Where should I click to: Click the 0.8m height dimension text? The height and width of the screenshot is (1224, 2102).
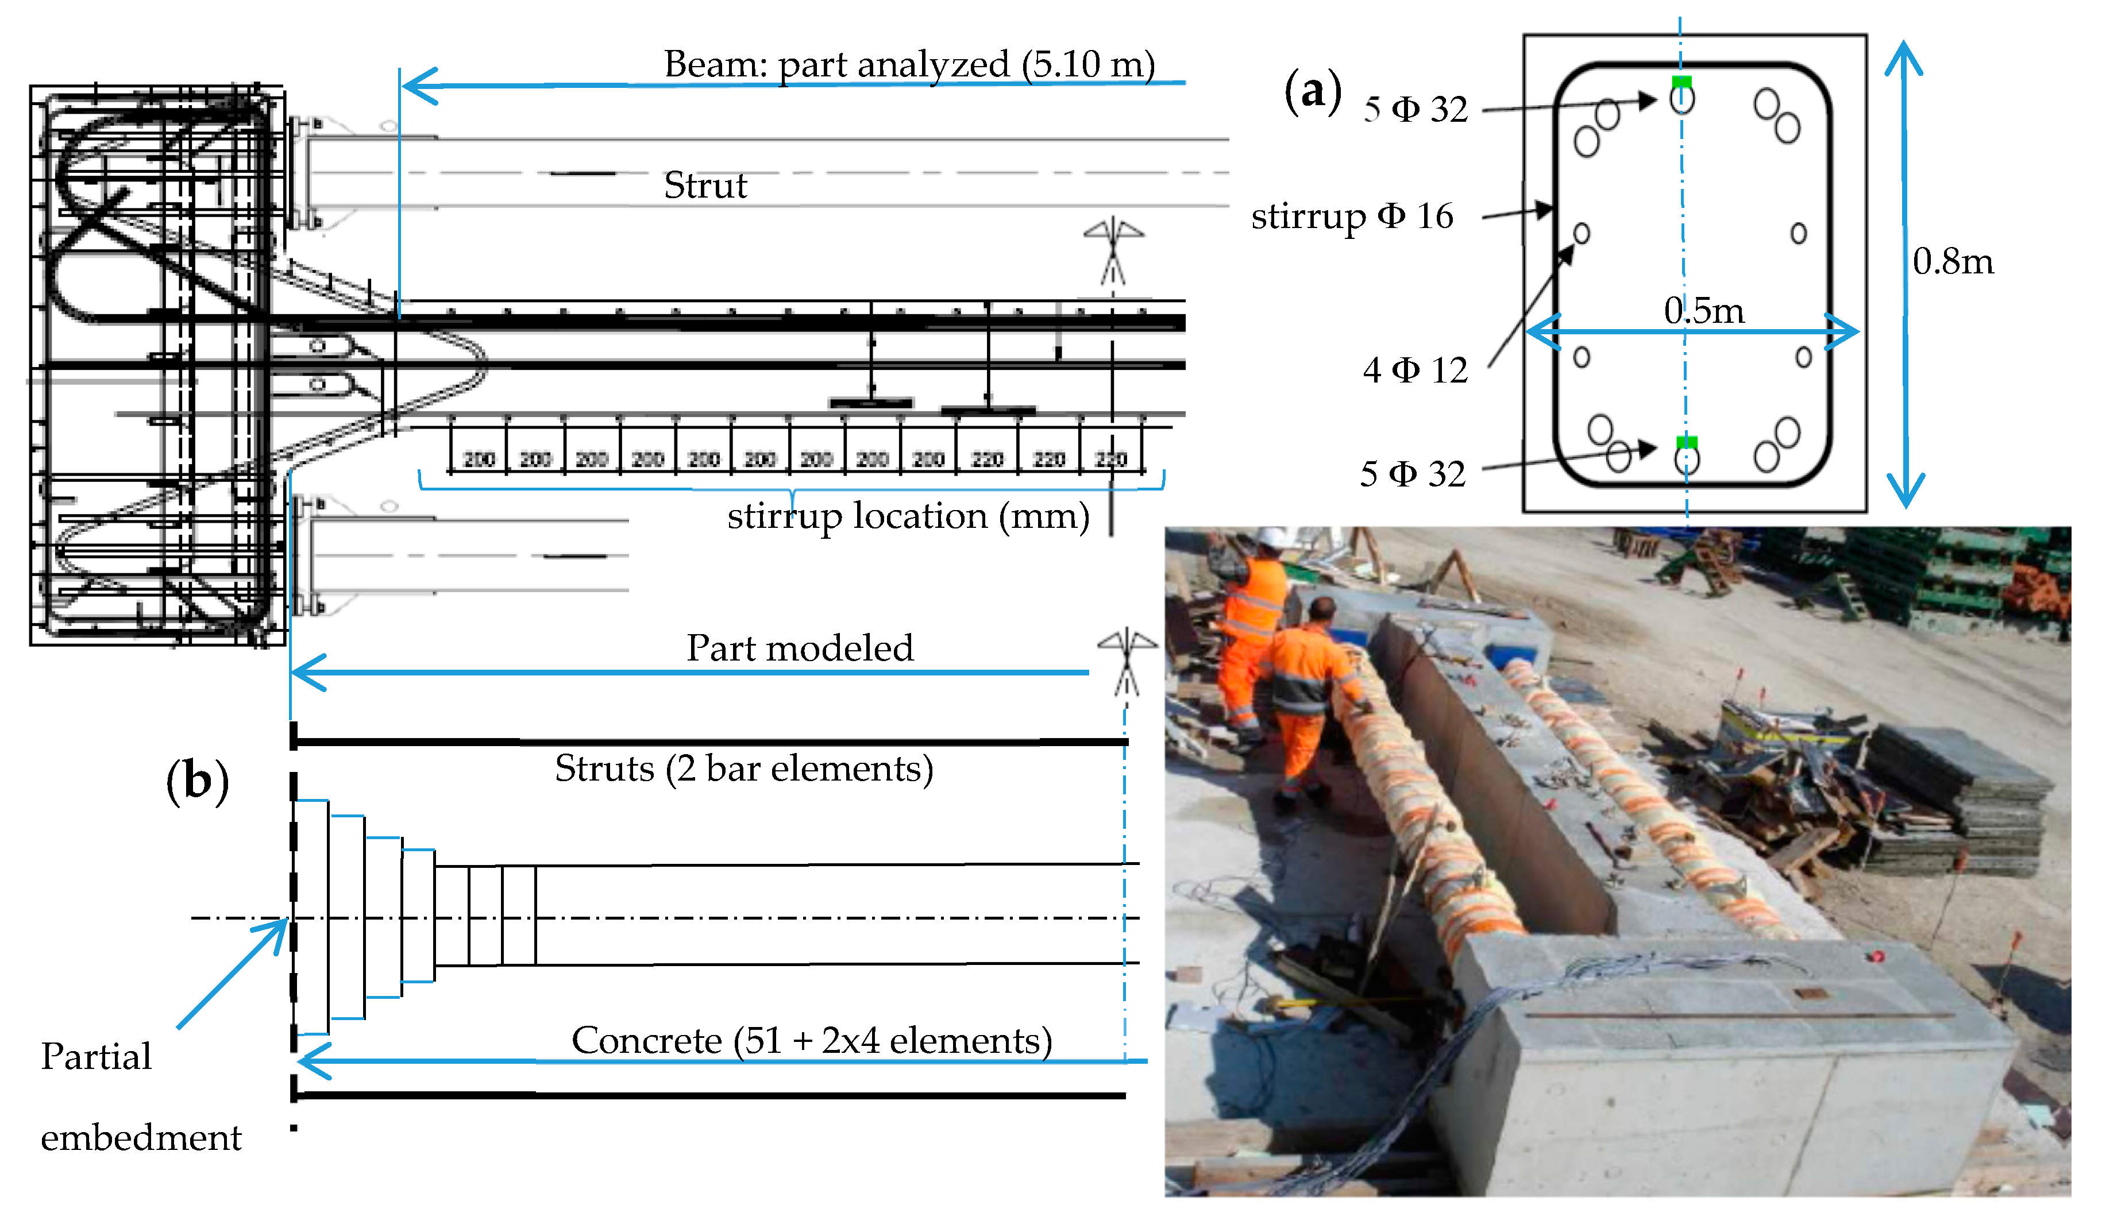[1953, 262]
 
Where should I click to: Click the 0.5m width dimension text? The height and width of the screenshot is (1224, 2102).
[1703, 311]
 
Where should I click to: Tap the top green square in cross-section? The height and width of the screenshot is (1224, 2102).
[1681, 81]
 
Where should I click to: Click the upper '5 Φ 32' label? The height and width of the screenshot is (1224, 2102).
[1415, 109]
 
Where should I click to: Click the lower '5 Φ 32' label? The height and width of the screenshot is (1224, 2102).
[1412, 474]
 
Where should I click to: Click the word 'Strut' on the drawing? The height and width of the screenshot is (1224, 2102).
[705, 185]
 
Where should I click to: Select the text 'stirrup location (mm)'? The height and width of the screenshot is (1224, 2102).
[908, 516]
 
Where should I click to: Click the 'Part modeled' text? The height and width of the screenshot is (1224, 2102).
[799, 648]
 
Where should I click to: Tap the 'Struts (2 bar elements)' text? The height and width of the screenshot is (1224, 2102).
[743, 768]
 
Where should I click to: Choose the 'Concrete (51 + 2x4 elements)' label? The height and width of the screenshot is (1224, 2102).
[811, 1040]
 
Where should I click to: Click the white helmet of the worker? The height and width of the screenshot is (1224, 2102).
[1271, 536]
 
